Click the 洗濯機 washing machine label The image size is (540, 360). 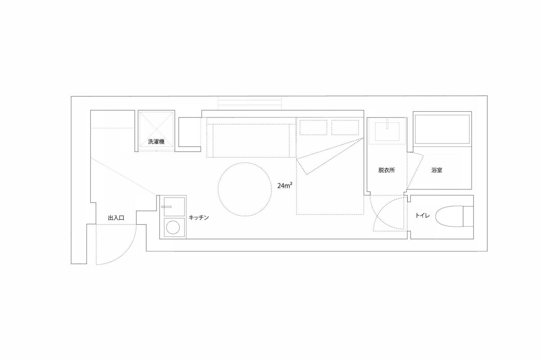point(156,142)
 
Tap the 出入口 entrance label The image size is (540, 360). point(116,218)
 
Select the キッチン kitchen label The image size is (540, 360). point(198,217)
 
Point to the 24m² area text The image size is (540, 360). point(285,185)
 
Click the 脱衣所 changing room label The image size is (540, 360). point(387,170)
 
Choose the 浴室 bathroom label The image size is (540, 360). point(436,170)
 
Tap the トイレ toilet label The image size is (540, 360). point(422,216)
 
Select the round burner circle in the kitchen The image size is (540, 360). point(173,227)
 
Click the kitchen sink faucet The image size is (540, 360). point(166,207)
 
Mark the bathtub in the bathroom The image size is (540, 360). point(442,129)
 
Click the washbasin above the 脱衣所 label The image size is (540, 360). point(387,132)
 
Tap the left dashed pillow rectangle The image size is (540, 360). point(313,127)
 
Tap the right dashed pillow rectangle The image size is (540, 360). point(345,127)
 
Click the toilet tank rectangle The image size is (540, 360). point(468,216)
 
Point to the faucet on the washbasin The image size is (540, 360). point(387,123)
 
